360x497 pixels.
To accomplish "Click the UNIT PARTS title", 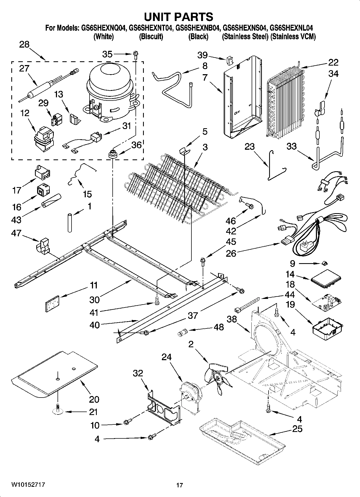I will click(x=179, y=17).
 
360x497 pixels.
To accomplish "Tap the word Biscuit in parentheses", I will click(x=151, y=37).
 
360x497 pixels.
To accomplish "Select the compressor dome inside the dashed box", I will click(x=110, y=78).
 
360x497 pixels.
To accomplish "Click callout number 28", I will click(x=24, y=45).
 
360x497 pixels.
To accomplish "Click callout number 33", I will click(x=291, y=146).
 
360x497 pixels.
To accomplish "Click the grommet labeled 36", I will click(x=112, y=155).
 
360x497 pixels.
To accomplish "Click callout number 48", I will click(x=219, y=327).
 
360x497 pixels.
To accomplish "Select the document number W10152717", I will click(x=28, y=485).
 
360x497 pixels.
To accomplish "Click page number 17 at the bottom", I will click(x=180, y=485).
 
